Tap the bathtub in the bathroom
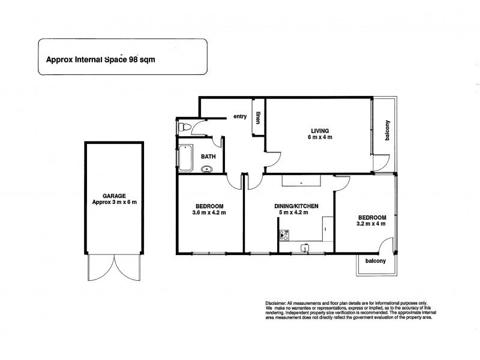tap(184, 158)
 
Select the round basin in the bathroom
tap(208, 169)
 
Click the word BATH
tap(208, 157)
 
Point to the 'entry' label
tap(241, 116)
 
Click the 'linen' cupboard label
tap(258, 118)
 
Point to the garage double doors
tap(114, 273)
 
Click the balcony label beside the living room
tap(388, 131)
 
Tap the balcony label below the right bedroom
tap(374, 261)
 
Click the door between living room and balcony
tap(379, 164)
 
